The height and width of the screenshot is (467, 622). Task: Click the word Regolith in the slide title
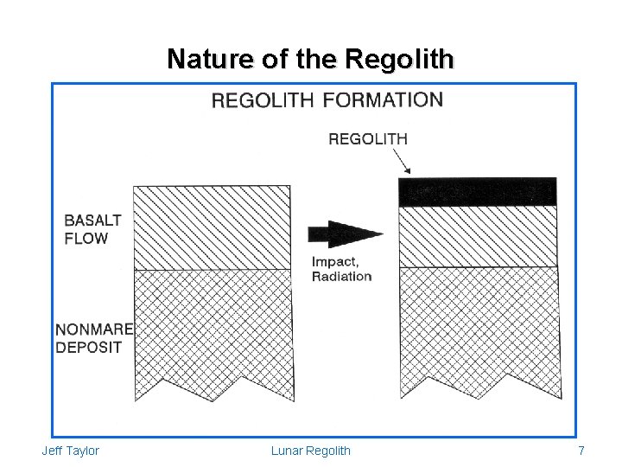point(398,60)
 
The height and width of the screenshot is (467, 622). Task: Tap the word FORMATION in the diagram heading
point(383,100)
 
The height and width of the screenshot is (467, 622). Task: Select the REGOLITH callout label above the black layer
point(368,138)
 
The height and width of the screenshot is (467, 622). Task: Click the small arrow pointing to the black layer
point(403,162)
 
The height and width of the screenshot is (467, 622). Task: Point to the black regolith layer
point(477,191)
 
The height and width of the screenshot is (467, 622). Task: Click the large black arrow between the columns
point(344,234)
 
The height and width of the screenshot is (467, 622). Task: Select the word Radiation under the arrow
point(341,277)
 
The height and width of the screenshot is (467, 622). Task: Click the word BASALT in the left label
point(92,221)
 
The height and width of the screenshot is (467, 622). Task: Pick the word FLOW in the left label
point(86,238)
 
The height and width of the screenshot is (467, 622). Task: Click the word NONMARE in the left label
point(94,329)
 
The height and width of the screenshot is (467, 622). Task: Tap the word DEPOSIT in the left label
point(88,347)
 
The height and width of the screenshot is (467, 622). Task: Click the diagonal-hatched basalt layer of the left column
point(212,227)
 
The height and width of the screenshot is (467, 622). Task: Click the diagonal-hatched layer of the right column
point(477,236)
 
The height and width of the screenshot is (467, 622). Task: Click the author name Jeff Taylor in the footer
point(70,451)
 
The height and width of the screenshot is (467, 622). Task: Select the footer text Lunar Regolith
point(311,451)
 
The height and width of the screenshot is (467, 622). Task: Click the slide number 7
point(581,451)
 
